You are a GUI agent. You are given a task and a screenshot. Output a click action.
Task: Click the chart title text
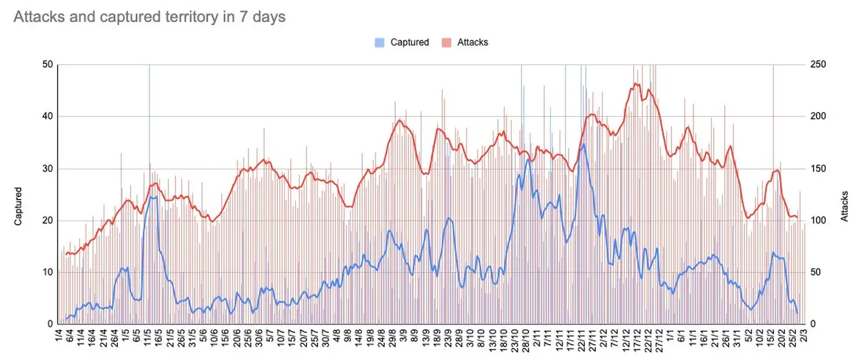pyautogui.click(x=149, y=17)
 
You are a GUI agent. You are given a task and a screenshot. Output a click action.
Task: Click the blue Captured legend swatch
pyautogui.click(x=380, y=42)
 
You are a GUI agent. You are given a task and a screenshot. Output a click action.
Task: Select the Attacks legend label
pyautogui.click(x=472, y=42)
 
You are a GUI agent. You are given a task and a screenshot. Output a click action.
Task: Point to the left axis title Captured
pyautogui.click(x=18, y=206)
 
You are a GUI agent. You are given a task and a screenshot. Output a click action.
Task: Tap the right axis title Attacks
pyautogui.click(x=845, y=206)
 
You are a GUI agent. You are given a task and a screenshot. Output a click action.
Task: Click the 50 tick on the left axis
pyautogui.click(x=47, y=65)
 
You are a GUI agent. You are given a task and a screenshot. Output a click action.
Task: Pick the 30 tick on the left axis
pyautogui.click(x=47, y=169)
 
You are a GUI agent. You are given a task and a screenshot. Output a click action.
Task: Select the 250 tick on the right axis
pyautogui.click(x=818, y=65)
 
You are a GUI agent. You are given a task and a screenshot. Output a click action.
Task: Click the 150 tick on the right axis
pyautogui.click(x=818, y=169)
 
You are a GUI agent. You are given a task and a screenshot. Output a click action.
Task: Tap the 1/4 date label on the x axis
pyautogui.click(x=58, y=337)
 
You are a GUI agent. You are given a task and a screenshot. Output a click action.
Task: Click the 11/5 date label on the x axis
pyautogui.click(x=148, y=339)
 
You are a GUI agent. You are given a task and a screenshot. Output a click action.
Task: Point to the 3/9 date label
pyautogui.click(x=403, y=337)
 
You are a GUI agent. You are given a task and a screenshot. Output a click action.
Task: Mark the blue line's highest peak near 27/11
pyautogui.click(x=584, y=144)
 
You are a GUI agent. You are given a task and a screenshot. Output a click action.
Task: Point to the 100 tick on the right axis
pyautogui.click(x=818, y=221)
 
